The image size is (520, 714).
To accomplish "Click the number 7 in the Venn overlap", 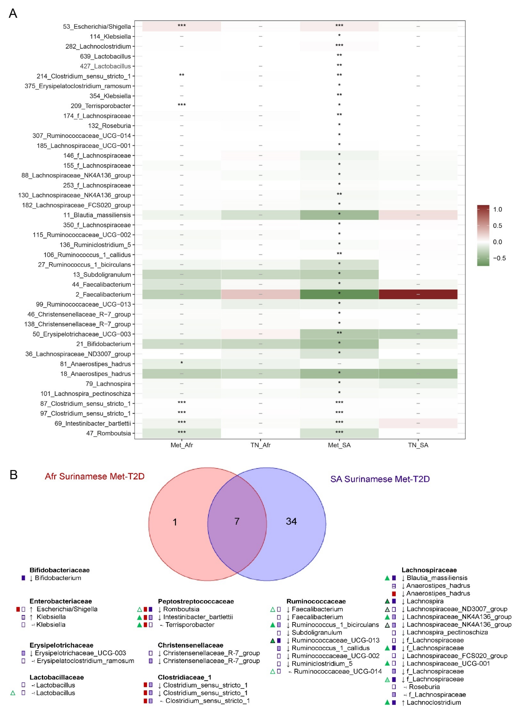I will pos(237,521).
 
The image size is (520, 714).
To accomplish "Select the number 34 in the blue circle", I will pos(291,521).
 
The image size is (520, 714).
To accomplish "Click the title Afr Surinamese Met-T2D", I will pos(94,476).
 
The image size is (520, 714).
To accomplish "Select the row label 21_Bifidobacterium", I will pos(103,344).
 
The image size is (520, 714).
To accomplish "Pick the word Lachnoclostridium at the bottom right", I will pos(433,702).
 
